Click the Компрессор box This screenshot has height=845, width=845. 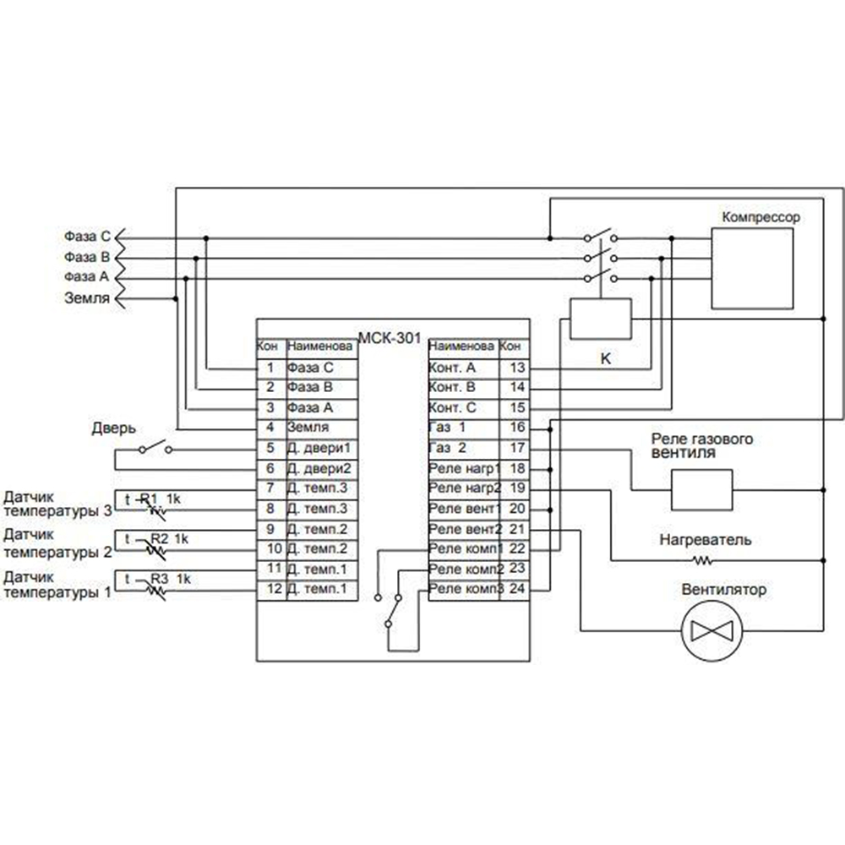[x=752, y=268]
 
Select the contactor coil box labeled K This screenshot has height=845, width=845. [x=601, y=319]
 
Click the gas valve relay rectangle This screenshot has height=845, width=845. [x=701, y=490]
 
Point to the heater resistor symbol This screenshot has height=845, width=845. [x=702, y=560]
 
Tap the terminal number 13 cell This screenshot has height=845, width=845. [x=518, y=368]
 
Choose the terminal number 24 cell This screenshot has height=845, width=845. [x=518, y=589]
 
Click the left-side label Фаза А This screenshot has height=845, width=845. [x=86, y=276]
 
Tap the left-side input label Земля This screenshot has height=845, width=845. [x=87, y=297]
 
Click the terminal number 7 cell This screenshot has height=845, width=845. [x=270, y=488]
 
